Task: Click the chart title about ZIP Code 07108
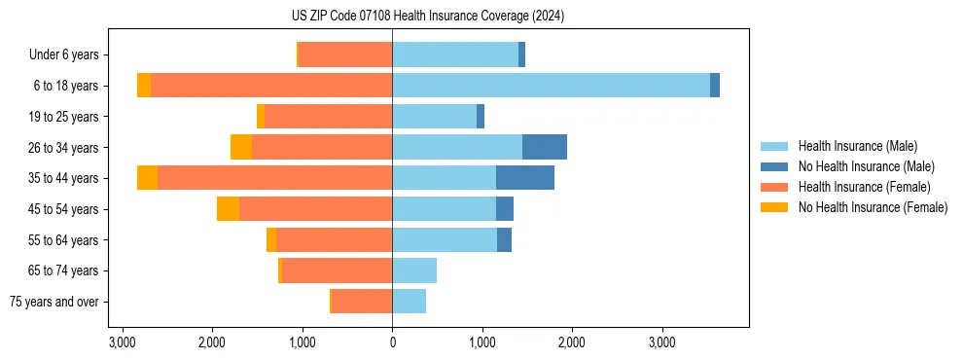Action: pyautogui.click(x=421, y=17)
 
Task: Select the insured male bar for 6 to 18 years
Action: pyautogui.click(x=551, y=86)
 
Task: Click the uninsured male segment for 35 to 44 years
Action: pyautogui.click(x=525, y=178)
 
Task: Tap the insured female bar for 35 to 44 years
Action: pyautogui.click(x=274, y=178)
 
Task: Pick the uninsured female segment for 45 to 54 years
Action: pyautogui.click(x=228, y=209)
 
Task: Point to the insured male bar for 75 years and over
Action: pyautogui.click(x=409, y=302)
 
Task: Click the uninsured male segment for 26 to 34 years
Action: pyautogui.click(x=545, y=147)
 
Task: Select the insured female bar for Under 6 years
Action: pyautogui.click(x=345, y=54)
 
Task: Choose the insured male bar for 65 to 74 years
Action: pyautogui.click(x=414, y=270)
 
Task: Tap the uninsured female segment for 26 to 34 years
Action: pyautogui.click(x=241, y=147)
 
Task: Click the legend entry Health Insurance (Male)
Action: pyautogui.click(x=857, y=146)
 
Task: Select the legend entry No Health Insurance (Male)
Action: pyautogui.click(x=866, y=166)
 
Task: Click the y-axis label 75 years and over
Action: pyautogui.click(x=54, y=302)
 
